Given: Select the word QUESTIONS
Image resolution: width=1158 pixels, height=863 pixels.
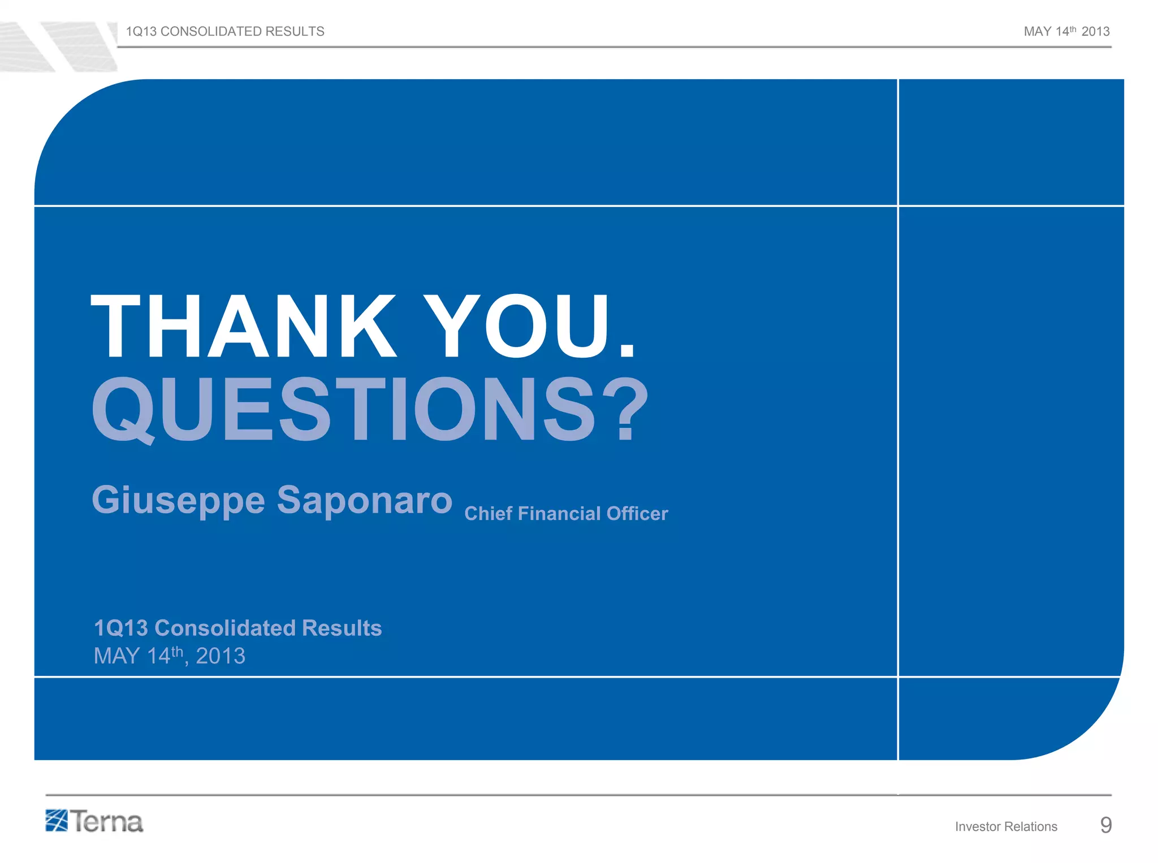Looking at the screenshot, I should pos(345,410).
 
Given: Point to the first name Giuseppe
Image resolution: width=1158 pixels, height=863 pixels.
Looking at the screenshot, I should pos(178,501).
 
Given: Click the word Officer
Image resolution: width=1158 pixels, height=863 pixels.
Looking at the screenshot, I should pos(637,513).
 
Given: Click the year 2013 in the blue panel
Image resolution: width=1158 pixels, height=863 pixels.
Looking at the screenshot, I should pos(220,656).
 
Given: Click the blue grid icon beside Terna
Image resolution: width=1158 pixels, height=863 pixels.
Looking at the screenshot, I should pos(57,821).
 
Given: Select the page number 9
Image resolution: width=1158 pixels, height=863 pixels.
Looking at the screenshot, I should pos(1106,825).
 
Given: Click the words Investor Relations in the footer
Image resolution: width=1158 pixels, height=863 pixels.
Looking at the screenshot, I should pos(1006,826).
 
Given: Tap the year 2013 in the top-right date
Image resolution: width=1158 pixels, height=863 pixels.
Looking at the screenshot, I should pos(1095,32).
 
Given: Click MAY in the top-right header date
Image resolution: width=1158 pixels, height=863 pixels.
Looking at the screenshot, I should pos(1038,32).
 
